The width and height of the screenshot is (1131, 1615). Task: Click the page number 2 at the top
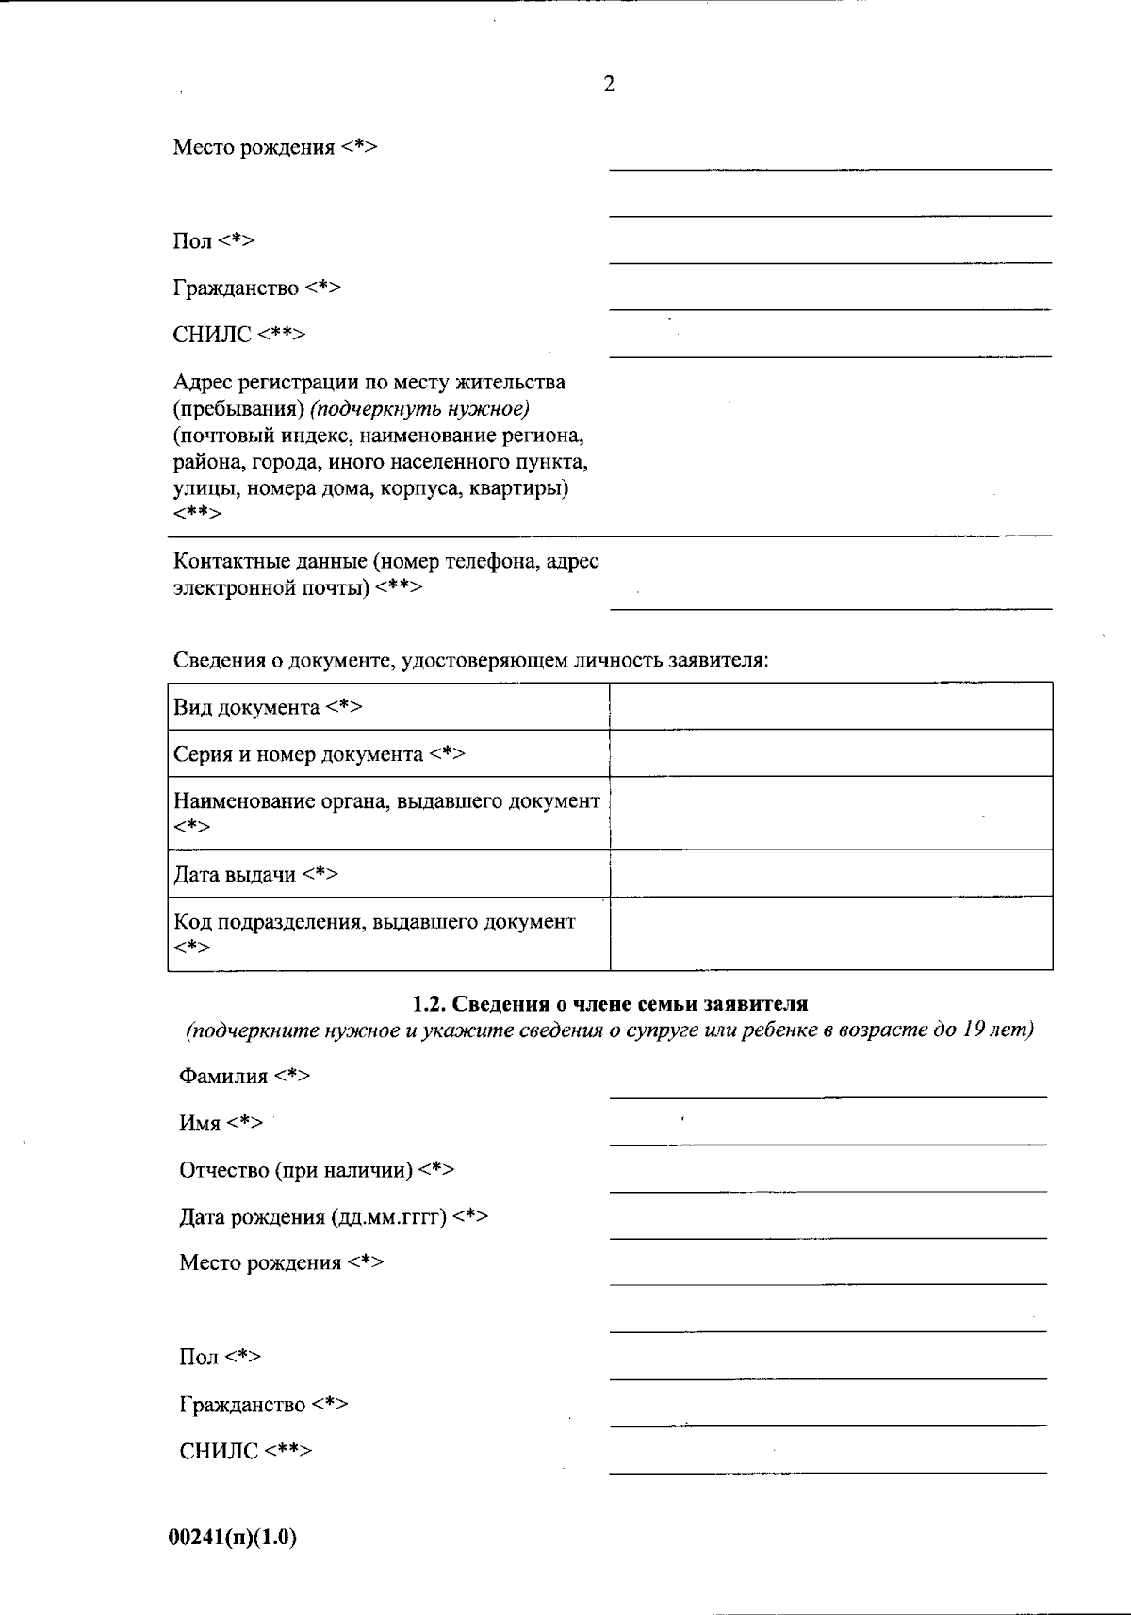coord(609,85)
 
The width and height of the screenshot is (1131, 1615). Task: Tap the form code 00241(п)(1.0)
coord(233,1537)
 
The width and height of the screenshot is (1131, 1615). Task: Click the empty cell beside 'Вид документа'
coord(830,706)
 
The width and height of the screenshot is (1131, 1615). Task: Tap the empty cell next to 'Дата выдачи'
coord(830,873)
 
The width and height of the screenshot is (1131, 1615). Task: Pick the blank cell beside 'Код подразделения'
coord(830,933)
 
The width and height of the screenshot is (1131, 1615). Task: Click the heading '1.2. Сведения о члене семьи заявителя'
coord(610,1004)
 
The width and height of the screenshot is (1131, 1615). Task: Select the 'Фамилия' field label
coord(244,1076)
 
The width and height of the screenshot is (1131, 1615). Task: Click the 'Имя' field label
coord(221,1123)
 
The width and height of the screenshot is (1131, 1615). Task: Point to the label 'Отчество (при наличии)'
coord(317,1170)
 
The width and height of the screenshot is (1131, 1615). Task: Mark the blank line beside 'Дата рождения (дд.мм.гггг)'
coord(828,1227)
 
